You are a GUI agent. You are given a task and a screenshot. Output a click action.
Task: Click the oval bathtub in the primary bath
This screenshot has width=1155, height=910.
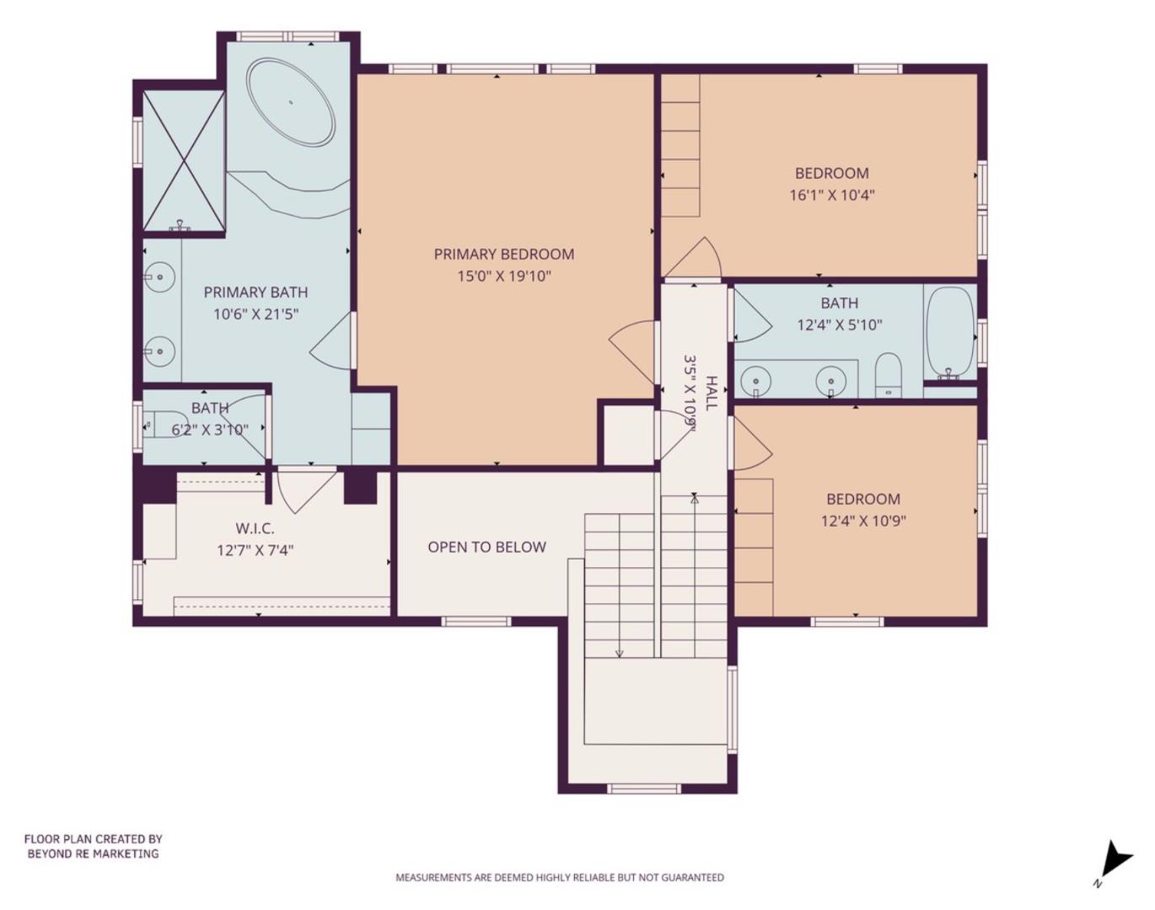290,102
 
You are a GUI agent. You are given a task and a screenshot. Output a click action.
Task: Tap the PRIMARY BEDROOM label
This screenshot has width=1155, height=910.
503,254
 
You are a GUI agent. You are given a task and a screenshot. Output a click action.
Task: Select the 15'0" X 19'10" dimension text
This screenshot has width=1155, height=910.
503,276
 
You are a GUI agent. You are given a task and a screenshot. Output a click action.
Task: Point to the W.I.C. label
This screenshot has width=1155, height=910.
255,528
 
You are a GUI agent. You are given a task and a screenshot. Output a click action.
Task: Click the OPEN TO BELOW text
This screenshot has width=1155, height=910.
486,547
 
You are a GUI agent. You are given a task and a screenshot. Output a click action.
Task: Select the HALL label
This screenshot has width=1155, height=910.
712,393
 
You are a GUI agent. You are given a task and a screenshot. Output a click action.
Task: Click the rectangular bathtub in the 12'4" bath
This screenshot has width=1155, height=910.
950,333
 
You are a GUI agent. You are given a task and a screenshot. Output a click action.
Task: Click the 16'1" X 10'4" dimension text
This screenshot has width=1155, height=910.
831,195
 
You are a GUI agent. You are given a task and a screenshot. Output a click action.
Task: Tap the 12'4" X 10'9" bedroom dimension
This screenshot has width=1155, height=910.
862,521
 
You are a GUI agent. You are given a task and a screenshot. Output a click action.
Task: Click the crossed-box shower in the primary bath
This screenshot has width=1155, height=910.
183,160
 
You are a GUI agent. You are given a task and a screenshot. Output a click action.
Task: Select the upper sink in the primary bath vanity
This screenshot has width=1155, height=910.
158,276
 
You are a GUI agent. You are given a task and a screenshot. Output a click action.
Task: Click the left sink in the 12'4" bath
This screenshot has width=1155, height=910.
755,381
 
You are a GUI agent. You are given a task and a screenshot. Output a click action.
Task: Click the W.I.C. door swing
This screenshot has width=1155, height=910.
298,491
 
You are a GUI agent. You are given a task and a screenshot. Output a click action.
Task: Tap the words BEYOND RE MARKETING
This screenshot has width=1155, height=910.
93,854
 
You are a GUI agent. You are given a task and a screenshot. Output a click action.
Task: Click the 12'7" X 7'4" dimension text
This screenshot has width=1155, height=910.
255,551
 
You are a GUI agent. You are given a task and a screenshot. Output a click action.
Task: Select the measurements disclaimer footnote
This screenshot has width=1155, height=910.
560,877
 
